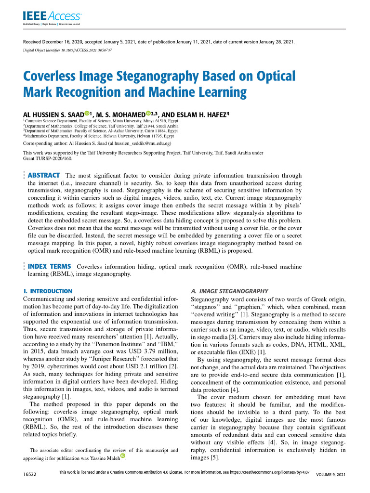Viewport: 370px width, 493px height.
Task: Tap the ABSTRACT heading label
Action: pos(44,175)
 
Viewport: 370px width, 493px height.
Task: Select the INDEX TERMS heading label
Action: pos(50,266)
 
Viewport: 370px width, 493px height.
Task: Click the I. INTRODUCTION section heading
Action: pos(48,291)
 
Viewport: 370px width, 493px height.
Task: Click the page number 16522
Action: pos(30,475)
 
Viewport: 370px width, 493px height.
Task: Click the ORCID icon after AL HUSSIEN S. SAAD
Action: pos(86,114)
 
